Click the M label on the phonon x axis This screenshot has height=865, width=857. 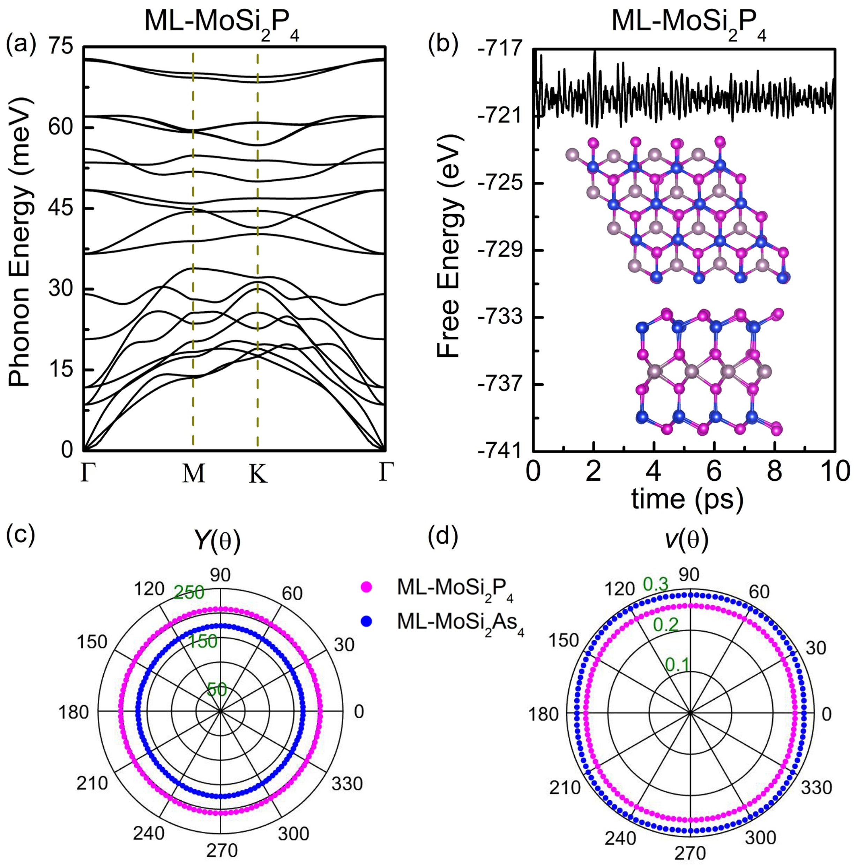193,474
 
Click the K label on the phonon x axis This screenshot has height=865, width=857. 258,474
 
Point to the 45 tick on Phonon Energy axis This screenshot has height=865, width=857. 62,209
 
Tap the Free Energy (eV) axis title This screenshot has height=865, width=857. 449,248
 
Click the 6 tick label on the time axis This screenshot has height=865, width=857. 714,472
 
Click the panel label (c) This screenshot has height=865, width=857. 21,539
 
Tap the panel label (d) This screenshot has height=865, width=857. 443,539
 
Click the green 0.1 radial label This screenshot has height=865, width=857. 677,664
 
